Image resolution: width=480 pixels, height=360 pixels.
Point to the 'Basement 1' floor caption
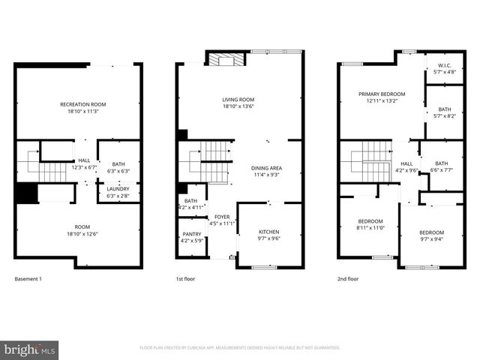(28, 279)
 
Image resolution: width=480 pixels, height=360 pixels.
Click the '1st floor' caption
(187, 279)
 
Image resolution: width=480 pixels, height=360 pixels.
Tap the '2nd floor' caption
(348, 279)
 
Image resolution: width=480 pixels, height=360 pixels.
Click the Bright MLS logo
(30, 349)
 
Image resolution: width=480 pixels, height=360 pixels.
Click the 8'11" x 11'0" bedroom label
(370, 225)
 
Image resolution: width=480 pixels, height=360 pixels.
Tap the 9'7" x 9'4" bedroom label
(431, 236)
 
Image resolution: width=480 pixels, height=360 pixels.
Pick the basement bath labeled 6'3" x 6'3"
(118, 167)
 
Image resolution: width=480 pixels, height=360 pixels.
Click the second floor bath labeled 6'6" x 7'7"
(442, 166)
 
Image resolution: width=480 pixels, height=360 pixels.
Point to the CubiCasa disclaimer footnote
(240, 348)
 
